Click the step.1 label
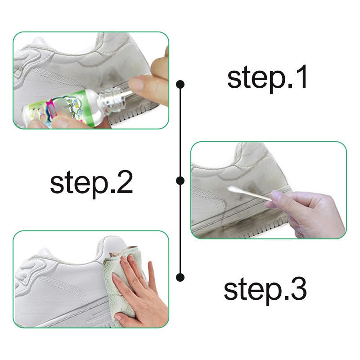pos(268,77)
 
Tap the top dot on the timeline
pos(180,84)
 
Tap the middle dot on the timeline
pos(180,180)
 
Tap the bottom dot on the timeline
pos(180,276)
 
